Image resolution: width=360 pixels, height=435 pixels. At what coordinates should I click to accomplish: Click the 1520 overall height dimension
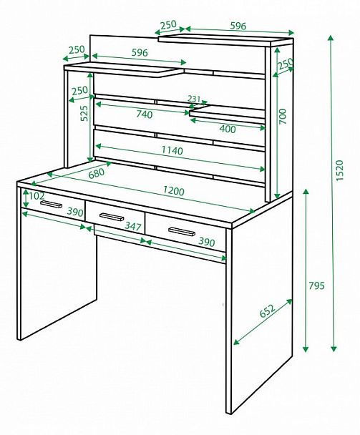340,170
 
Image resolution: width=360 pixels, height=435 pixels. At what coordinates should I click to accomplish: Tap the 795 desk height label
316,285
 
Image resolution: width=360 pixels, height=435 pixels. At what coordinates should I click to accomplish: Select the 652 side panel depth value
267,311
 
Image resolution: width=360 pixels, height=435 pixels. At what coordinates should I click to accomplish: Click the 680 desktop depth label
97,173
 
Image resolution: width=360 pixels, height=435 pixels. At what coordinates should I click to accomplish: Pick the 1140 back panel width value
172,150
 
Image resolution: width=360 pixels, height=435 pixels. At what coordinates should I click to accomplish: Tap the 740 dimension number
145,114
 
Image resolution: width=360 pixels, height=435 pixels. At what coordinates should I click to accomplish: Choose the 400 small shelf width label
228,129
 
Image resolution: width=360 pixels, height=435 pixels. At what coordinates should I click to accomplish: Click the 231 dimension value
194,99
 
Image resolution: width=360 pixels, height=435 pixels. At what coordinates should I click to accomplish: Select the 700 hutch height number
282,117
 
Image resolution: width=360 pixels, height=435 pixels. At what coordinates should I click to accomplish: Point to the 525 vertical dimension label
84,113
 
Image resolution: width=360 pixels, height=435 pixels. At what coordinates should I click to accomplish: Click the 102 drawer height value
37,196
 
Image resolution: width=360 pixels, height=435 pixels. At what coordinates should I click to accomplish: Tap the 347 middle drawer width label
133,226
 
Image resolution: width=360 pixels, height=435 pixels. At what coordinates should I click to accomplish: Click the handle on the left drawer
51,204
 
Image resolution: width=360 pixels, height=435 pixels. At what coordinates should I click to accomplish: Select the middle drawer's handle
112,217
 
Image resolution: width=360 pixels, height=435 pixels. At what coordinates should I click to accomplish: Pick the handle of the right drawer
182,231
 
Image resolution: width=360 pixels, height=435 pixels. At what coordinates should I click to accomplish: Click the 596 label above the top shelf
238,26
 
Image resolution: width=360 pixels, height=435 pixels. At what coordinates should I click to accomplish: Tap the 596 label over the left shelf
140,52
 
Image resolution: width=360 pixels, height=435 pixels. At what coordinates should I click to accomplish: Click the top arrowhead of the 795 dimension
306,192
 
